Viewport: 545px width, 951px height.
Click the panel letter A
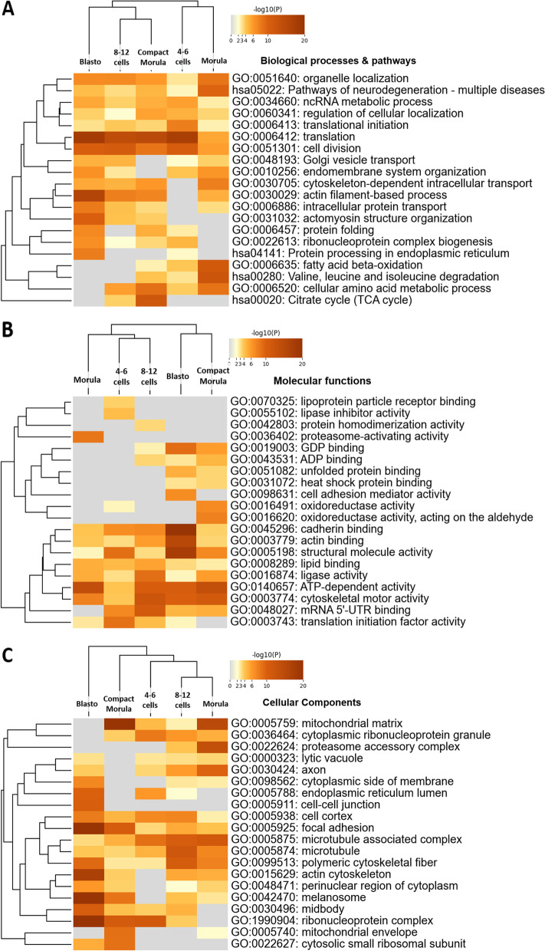11,13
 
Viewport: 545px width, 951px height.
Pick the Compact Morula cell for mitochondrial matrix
119,722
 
